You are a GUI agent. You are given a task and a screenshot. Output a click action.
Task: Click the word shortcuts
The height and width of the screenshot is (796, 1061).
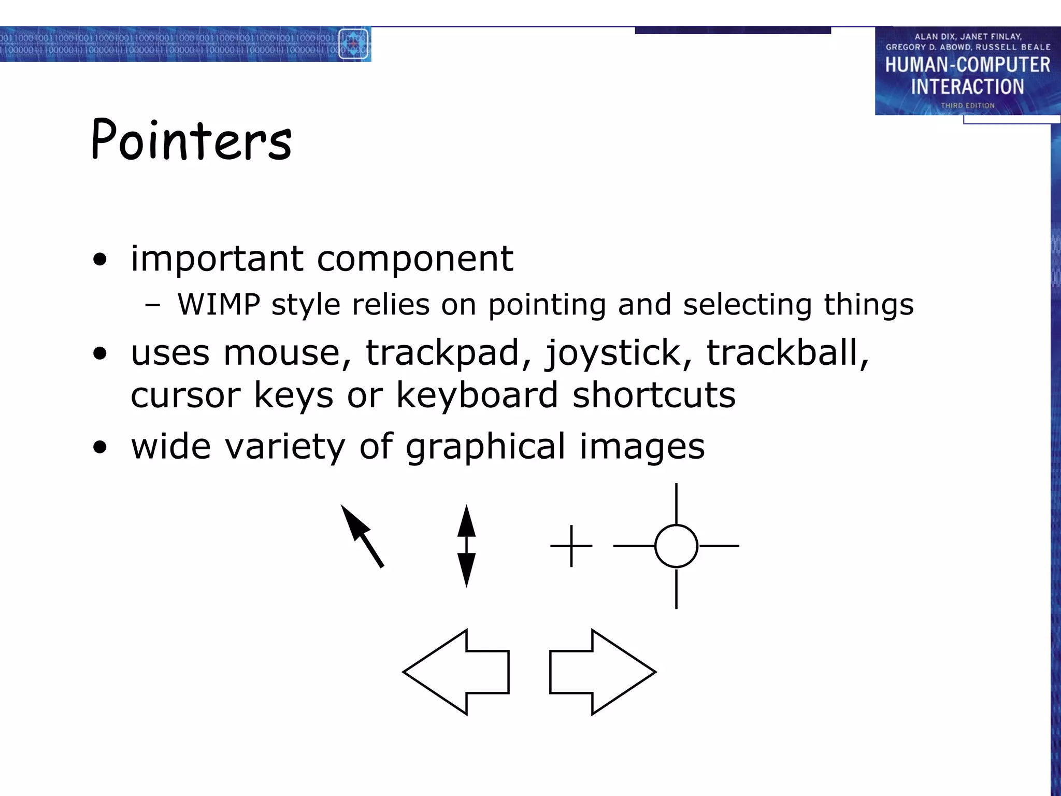click(654, 395)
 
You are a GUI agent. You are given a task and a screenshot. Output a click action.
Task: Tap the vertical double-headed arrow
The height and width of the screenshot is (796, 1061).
click(466, 546)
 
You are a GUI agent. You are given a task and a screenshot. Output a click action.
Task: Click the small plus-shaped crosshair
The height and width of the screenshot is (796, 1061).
click(571, 546)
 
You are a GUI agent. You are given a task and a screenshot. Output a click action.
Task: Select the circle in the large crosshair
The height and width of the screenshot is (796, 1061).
click(676, 546)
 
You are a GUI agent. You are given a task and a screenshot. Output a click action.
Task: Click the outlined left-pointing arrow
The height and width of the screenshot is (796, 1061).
click(456, 672)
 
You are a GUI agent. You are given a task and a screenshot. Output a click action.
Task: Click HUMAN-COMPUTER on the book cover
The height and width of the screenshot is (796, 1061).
click(967, 65)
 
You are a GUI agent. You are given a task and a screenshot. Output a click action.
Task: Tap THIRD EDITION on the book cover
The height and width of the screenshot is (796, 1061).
click(967, 106)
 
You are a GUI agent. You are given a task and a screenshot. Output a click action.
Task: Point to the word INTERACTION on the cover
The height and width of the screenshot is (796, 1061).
click(967, 87)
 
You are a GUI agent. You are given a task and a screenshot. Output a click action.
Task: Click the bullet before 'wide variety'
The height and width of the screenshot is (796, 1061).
click(100, 447)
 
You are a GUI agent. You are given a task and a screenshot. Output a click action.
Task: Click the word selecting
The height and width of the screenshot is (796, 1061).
click(747, 305)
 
